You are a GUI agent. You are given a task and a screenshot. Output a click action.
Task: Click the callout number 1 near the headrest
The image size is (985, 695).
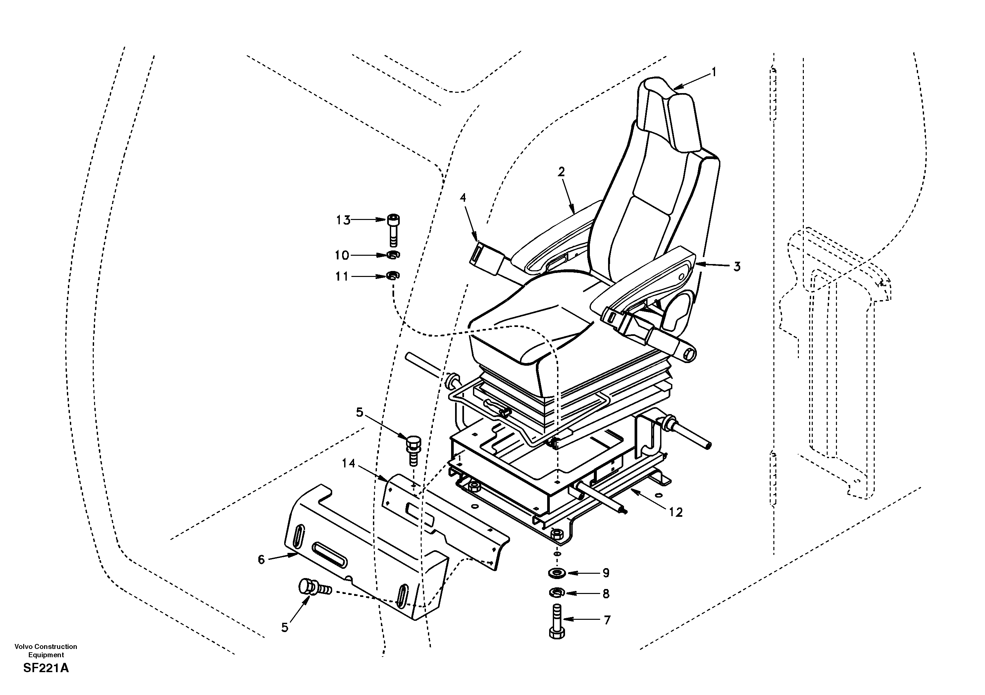tap(714, 73)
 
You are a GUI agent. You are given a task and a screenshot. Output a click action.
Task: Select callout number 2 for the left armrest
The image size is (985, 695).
tap(561, 172)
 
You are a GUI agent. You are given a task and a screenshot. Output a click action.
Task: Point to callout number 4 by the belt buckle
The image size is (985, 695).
tap(462, 197)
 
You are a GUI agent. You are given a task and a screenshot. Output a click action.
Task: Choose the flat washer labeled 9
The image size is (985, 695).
tap(556, 573)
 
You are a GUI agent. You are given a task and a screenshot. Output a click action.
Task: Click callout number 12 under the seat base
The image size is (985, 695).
tap(676, 512)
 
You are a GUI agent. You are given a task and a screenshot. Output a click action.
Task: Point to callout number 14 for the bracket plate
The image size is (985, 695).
tap(349, 463)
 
